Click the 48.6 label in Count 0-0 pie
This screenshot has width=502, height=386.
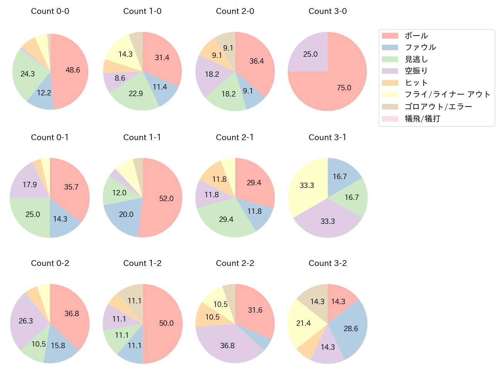coord(73,70)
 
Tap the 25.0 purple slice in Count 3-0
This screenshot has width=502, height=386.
coord(310,54)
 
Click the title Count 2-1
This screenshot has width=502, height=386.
coord(235,137)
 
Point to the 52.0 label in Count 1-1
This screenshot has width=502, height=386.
coord(166,198)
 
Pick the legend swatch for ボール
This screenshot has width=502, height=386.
coord(390,36)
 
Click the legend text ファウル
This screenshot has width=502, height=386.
coord(420,47)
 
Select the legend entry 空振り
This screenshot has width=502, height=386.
coord(416,71)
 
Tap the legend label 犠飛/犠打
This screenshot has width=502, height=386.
coord(422,119)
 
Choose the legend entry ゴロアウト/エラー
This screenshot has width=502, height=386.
coord(438,107)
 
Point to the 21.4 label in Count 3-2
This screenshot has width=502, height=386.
coord(303,323)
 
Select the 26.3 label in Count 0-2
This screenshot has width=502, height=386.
coord(26,321)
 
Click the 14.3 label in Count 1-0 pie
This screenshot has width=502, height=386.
coord(126,54)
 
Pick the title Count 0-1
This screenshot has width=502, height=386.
coord(50,137)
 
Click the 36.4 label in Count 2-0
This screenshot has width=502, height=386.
coord(256,61)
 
